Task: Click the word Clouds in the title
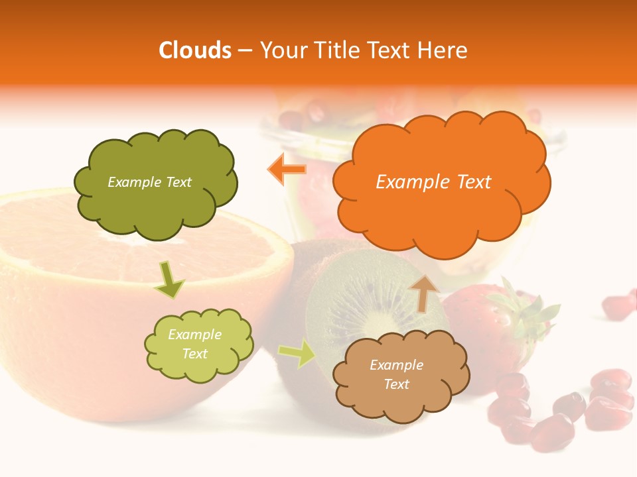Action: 195,50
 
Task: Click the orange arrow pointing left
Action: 287,170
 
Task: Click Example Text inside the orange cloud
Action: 433,182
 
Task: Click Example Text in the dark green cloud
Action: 149,182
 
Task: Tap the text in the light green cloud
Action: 194,344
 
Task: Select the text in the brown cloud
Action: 396,374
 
